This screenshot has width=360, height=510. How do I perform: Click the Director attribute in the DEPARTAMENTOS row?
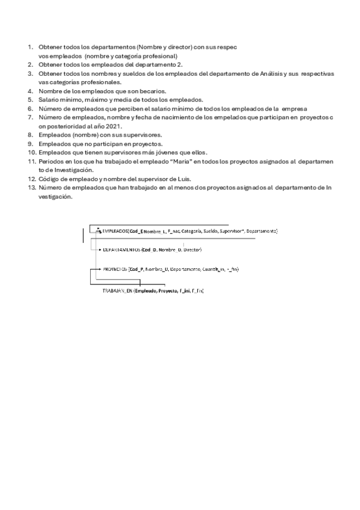192,249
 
